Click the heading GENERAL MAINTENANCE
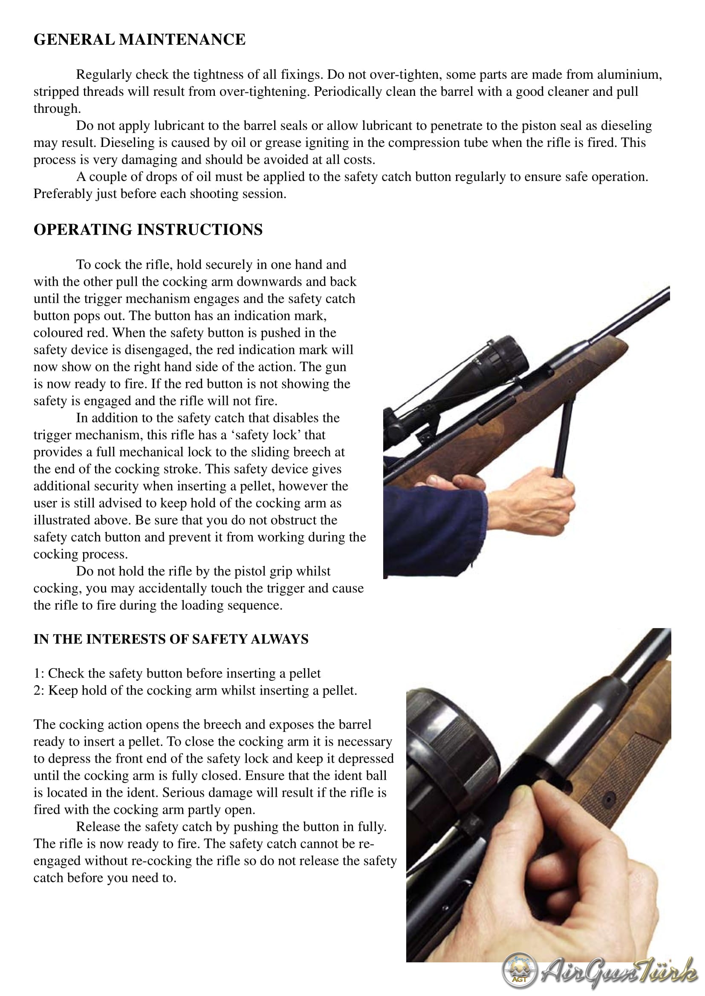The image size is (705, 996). [139, 40]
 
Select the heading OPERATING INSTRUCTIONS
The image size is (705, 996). [148, 230]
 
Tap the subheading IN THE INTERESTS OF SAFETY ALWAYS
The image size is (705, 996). [171, 639]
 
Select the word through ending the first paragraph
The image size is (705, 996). [57, 109]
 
